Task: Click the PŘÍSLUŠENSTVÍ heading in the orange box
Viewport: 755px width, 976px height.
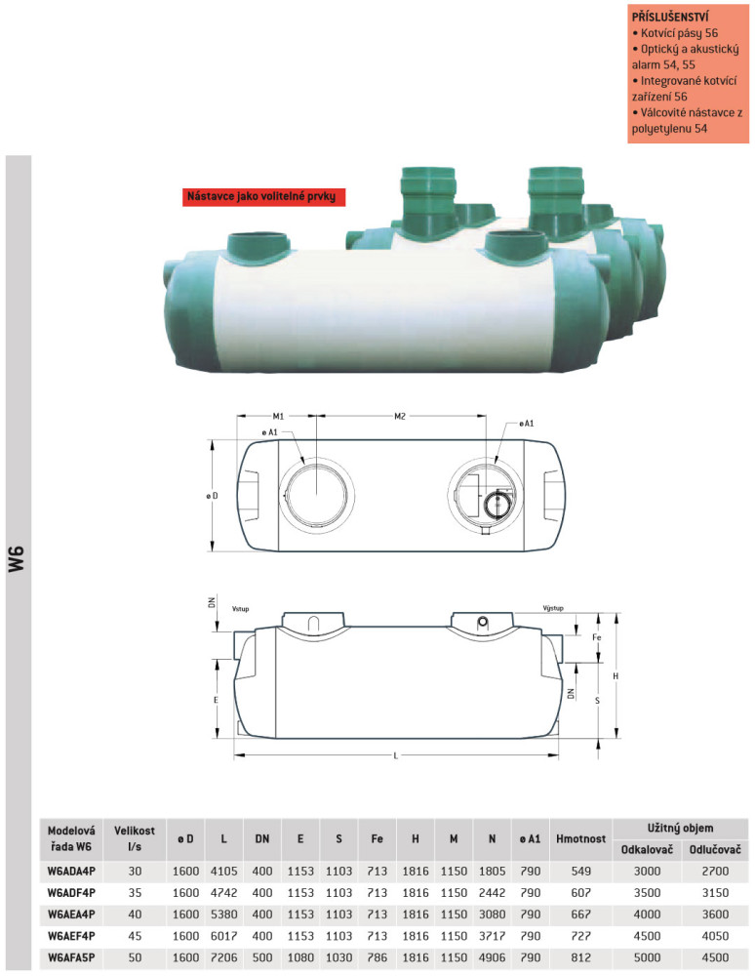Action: coord(670,17)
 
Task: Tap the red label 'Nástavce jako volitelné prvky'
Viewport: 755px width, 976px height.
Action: coord(261,197)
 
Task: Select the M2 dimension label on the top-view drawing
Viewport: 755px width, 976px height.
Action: coord(400,416)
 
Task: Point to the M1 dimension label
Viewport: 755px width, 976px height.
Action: coord(278,416)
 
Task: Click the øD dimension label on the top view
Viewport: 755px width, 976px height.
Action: coord(213,496)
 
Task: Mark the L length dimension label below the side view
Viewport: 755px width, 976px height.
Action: coord(395,755)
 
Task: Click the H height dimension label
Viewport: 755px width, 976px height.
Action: coord(616,676)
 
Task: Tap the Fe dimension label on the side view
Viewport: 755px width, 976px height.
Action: coord(597,637)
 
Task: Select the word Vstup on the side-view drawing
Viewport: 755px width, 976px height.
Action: coord(240,609)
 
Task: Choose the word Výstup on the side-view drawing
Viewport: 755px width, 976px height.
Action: coord(553,608)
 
